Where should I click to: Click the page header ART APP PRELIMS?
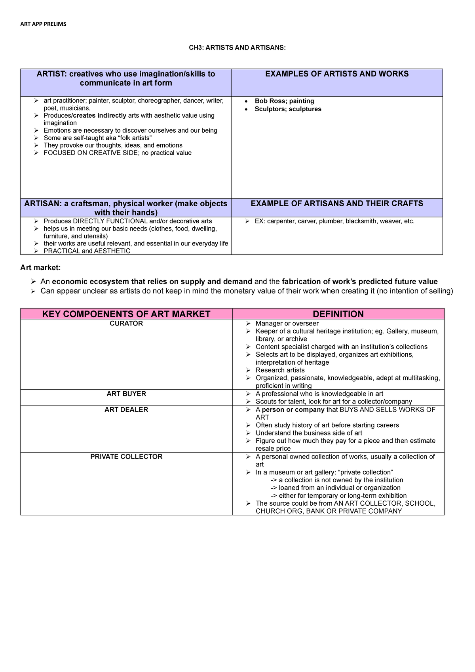[x=43, y=24]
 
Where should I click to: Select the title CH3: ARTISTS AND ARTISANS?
[x=237, y=48]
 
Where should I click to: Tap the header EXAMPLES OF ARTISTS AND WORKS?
[x=337, y=74]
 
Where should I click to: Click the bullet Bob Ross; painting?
[x=284, y=101]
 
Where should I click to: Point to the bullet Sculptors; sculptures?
[x=288, y=109]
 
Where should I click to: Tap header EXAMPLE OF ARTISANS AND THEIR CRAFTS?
[x=337, y=204]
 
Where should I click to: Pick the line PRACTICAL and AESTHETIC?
[x=87, y=251]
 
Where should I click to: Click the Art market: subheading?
[x=40, y=268]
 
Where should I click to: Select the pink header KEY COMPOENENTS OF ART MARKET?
[x=126, y=314]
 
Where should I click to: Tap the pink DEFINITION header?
[x=338, y=314]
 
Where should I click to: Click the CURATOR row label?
[x=126, y=324]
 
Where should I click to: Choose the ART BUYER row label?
[x=126, y=394]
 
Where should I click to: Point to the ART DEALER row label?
[x=126, y=410]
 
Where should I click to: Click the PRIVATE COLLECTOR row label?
[x=126, y=457]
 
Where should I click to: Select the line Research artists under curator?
[x=280, y=370]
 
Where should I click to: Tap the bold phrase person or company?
[x=293, y=410]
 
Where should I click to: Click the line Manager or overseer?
[x=287, y=324]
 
